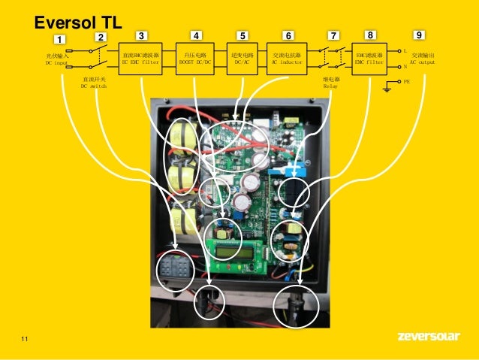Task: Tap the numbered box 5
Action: point(243,35)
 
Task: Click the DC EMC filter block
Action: point(141,59)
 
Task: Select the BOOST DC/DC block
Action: point(194,59)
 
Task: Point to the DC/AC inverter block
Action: point(243,59)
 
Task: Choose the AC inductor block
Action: point(286,59)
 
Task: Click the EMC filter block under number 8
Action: point(370,59)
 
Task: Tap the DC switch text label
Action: point(94,83)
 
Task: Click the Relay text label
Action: point(330,83)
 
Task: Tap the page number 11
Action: point(26,343)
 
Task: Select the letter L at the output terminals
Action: point(405,51)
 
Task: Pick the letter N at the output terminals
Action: point(405,66)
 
